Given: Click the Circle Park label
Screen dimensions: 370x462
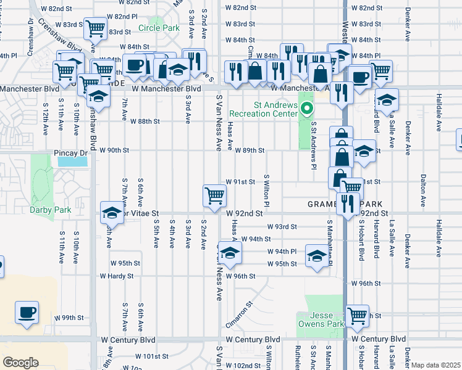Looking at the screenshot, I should point(159,28).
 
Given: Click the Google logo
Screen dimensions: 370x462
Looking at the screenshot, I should point(20,363).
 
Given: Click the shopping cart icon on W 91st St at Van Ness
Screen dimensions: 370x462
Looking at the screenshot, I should point(214,196).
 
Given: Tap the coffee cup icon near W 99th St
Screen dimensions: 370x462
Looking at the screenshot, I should point(27,312).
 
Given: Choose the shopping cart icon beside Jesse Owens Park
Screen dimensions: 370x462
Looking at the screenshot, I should point(358,316).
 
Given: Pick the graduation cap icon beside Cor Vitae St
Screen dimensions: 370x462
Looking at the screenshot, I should point(112,213).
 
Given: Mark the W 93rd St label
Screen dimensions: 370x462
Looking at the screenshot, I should point(282,227).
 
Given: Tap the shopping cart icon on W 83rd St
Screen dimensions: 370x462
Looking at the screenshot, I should point(95,28).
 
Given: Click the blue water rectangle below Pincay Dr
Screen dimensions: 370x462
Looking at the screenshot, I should point(72,162).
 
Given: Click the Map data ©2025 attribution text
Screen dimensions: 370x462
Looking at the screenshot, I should point(435,365).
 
